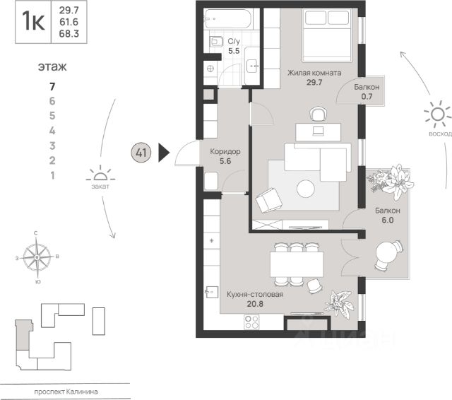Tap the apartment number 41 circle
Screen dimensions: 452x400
[x=141, y=152]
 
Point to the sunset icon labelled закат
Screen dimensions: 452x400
[x=100, y=175]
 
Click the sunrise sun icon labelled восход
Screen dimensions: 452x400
[x=436, y=115]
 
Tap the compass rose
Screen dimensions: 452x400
[x=37, y=257]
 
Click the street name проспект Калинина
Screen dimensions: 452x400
[x=66, y=392]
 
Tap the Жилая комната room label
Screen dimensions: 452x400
[x=314, y=73]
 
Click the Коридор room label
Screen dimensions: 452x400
[x=225, y=151]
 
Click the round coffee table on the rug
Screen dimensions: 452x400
[x=306, y=189]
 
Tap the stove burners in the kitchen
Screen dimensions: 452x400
[x=252, y=322]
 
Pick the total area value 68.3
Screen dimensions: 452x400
[x=69, y=34]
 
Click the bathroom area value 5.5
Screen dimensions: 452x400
[x=234, y=51]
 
